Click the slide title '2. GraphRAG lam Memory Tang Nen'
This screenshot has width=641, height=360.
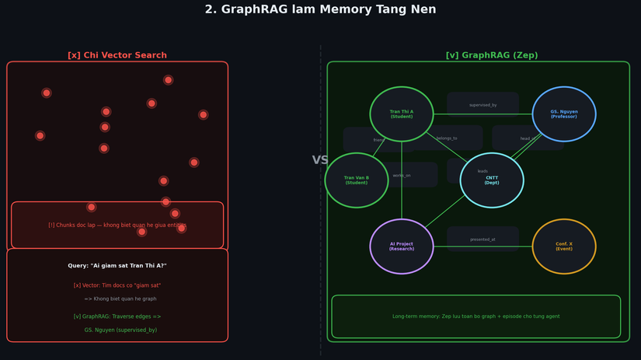[320, 10]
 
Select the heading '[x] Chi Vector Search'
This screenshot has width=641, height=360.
[117, 56]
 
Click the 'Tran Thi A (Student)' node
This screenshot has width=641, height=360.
[402, 114]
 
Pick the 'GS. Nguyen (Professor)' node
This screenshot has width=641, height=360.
[564, 114]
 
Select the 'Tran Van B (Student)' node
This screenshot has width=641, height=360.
[357, 180]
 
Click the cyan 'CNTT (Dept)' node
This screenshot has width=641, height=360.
[492, 180]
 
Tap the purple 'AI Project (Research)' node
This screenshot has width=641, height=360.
[402, 246]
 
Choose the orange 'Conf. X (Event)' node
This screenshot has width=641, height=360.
[564, 246]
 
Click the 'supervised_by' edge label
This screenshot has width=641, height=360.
[482, 105]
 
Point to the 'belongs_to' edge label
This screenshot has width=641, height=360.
[447, 138]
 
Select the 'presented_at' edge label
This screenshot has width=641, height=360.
[482, 239]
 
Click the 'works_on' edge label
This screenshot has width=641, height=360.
[402, 175]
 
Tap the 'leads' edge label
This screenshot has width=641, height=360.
[482, 171]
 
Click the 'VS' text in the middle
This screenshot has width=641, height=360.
[320, 160]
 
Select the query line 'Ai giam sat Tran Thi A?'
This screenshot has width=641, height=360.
[117, 266]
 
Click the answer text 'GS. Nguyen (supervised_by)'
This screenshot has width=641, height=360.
[120, 330]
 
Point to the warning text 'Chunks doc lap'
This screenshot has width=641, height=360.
[117, 225]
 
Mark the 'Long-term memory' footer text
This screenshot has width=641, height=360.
[476, 316]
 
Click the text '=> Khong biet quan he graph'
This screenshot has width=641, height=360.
[120, 299]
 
